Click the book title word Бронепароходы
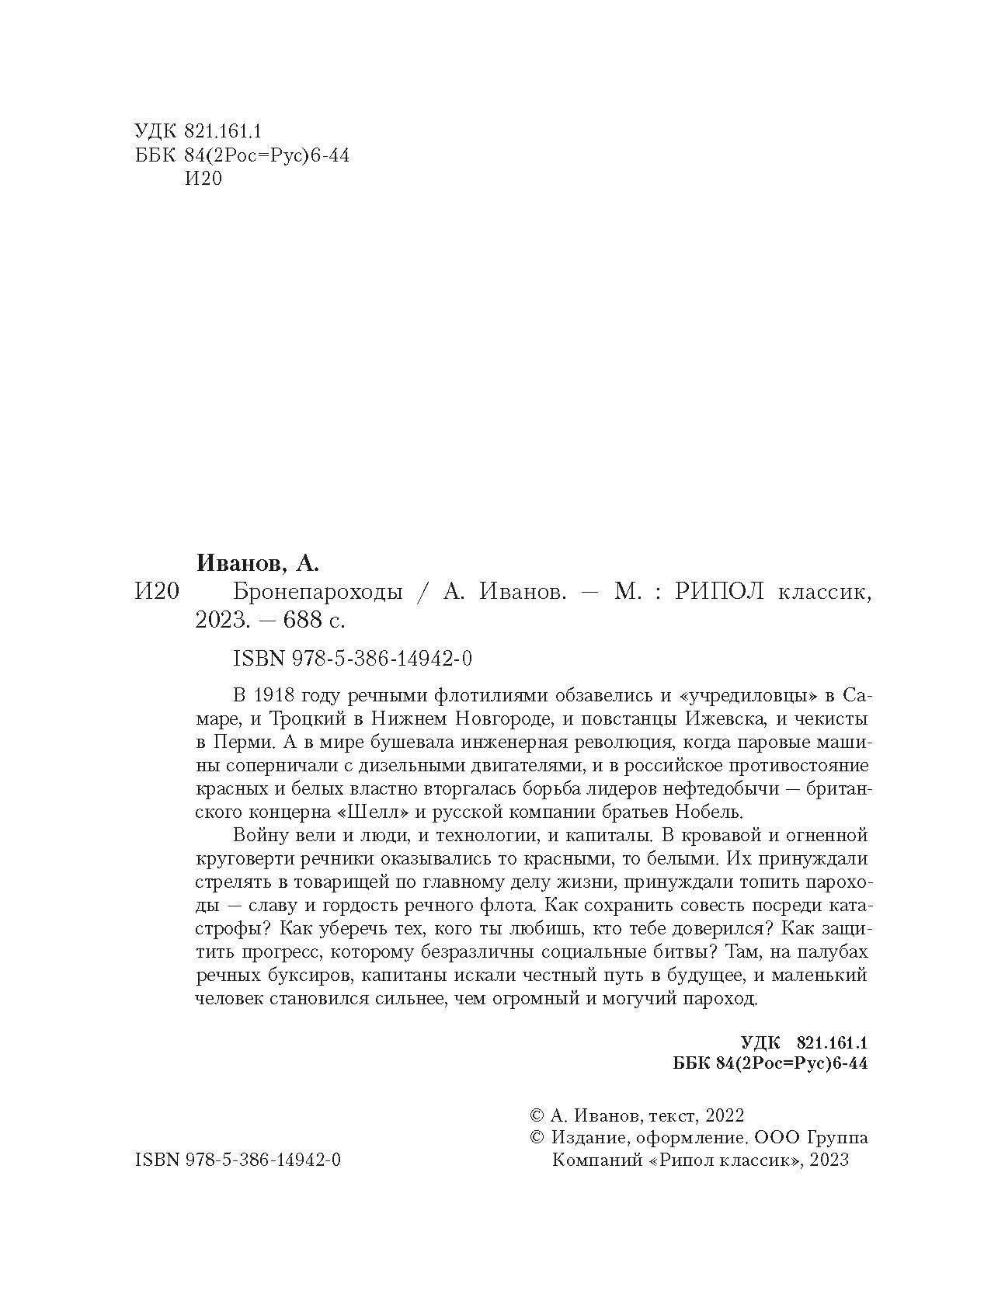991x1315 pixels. (318, 593)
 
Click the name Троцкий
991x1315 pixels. (308, 718)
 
